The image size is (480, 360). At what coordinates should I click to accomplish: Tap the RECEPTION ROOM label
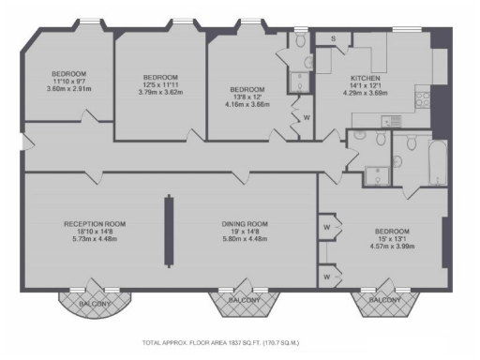click(95, 224)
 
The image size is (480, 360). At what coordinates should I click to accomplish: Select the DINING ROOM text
click(245, 224)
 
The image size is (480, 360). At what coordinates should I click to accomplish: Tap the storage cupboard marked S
click(334, 38)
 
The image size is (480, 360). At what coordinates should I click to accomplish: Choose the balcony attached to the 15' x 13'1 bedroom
click(382, 301)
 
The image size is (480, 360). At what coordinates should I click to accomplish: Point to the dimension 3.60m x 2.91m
click(69, 89)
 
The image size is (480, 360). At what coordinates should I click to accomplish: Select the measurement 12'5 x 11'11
click(160, 84)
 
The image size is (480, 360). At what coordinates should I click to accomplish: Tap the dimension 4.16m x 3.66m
click(247, 104)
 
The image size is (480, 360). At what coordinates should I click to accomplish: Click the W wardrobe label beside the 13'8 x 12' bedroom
click(307, 117)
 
